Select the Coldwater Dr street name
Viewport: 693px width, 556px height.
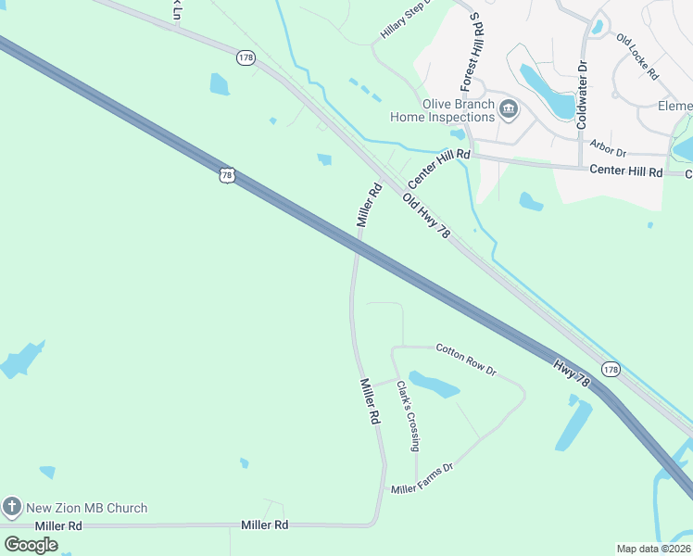tap(582, 95)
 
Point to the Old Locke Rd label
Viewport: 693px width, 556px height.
tap(636, 57)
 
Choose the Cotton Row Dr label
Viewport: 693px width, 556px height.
tap(466, 360)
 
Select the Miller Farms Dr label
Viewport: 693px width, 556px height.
tap(422, 479)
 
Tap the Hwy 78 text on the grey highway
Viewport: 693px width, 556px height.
tap(572, 373)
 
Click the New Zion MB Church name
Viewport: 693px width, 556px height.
tap(86, 508)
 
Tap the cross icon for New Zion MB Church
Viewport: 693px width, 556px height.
tap(12, 507)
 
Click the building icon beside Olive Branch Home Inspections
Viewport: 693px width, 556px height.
tap(509, 110)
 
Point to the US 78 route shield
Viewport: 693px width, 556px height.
tap(228, 174)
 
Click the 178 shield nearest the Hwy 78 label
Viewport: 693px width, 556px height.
tap(610, 369)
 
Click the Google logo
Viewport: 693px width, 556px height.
tap(31, 544)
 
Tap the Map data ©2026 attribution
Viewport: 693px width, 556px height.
tap(653, 549)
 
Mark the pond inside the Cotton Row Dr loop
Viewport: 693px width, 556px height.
tap(433, 384)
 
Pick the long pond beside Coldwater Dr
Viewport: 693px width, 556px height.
tap(548, 92)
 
